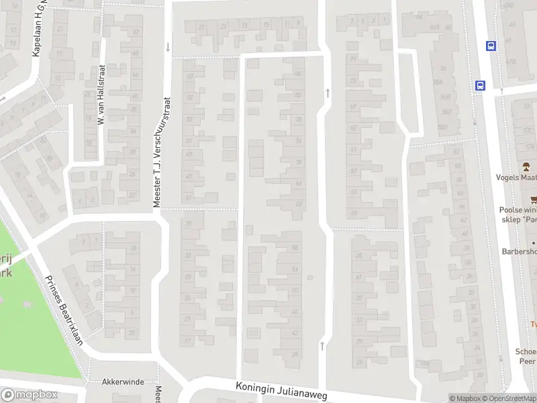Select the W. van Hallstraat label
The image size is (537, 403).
click(102, 94)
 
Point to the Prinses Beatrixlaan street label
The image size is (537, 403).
click(64, 310)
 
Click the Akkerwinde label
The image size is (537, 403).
click(123, 382)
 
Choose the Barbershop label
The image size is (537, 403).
click(519, 251)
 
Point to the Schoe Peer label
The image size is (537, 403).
click(525, 356)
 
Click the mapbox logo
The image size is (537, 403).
click(29, 395)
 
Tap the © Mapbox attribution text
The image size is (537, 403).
click(465, 398)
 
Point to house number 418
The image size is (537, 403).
click(511, 61)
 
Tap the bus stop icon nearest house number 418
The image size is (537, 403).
click(491, 46)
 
